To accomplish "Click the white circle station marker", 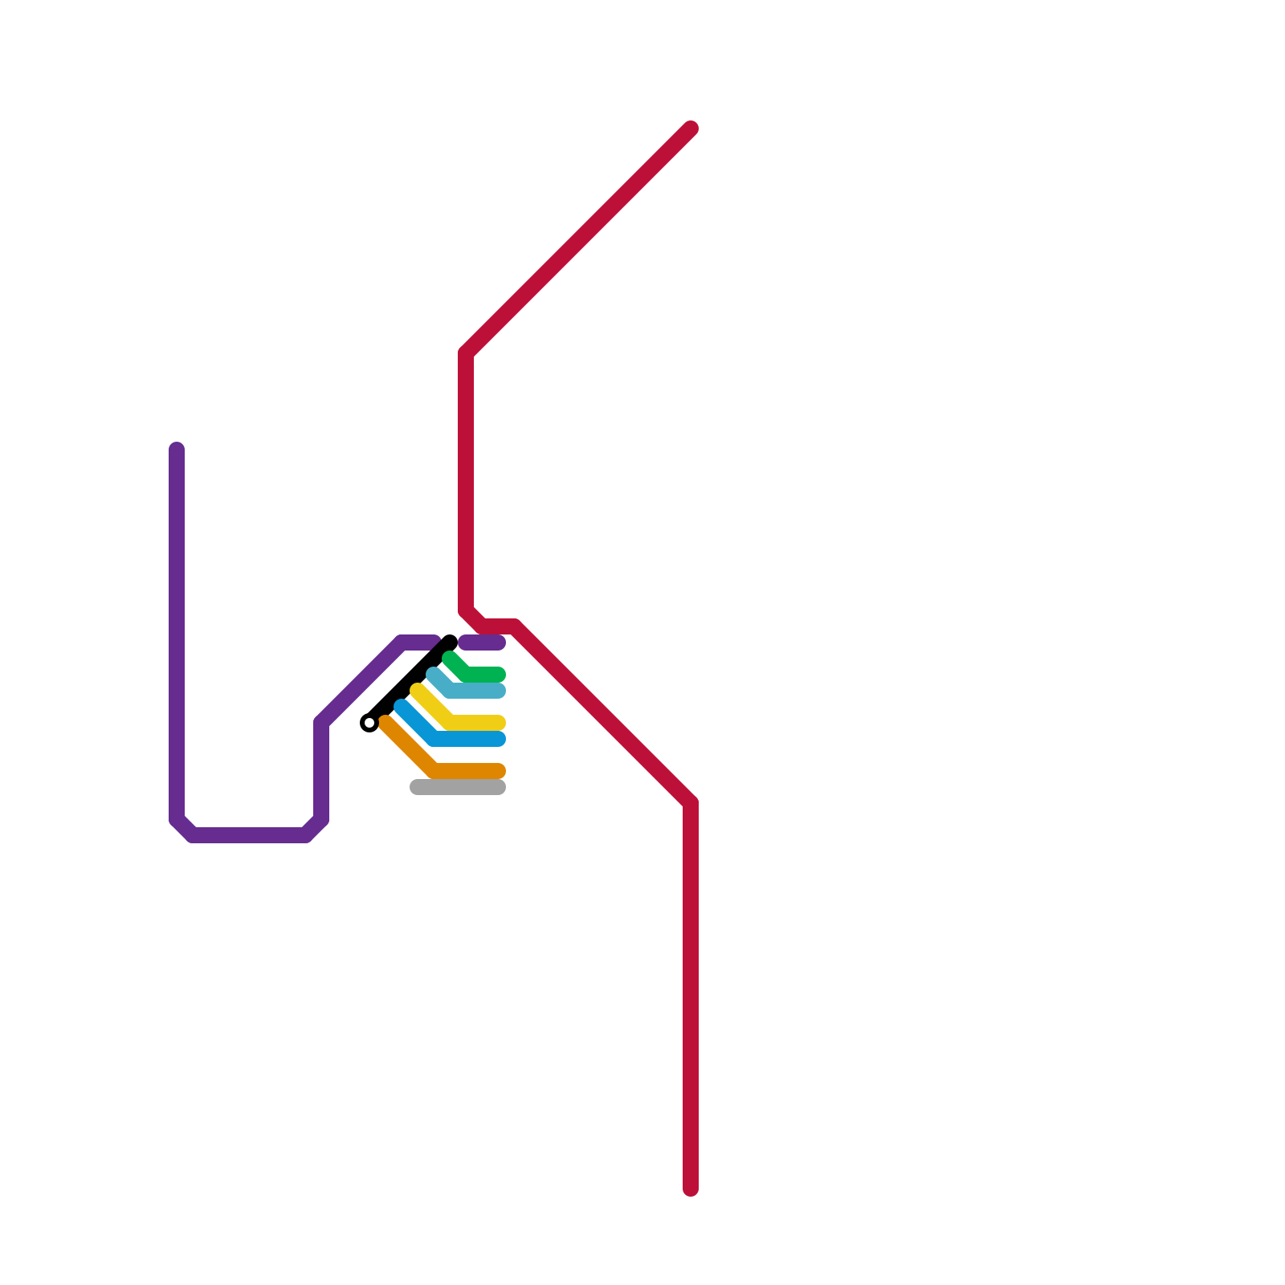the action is coord(369,723).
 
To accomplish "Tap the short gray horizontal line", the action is coord(458,787).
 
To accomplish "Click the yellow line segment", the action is coord(474,723).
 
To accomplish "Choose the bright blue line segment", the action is coord(470,739).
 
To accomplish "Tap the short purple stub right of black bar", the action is coord(482,642).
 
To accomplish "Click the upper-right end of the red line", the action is coord(691,128).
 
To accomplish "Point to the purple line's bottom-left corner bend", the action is coord(183,829).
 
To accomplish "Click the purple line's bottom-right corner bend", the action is coord(315,829).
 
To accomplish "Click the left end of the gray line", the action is coord(416,787).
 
